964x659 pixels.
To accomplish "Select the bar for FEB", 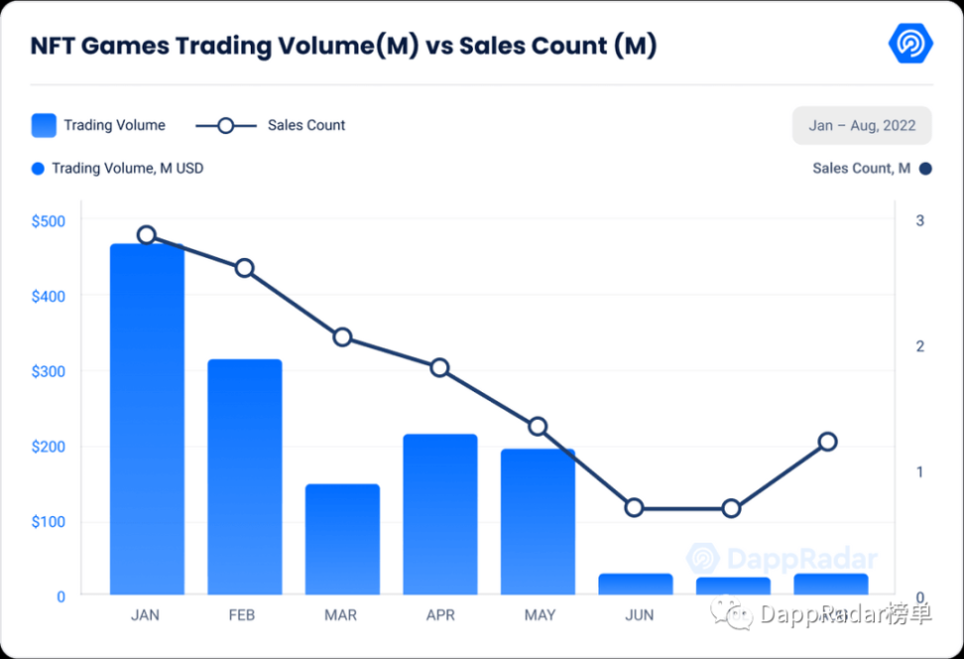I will tap(244, 477).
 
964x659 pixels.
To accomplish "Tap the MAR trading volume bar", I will tap(342, 540).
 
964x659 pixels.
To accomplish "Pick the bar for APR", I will tap(440, 514).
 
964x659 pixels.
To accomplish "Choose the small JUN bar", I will tap(636, 585).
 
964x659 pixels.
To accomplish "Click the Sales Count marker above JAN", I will tap(147, 235).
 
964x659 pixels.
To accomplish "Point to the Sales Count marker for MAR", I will tap(342, 337).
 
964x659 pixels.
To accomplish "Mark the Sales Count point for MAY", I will tap(538, 427).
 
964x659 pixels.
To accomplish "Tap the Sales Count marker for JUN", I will tap(636, 508).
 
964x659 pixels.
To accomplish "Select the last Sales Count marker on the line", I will tap(828, 442).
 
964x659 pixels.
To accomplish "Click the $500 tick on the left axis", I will tap(48, 221).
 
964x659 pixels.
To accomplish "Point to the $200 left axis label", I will tap(48, 447).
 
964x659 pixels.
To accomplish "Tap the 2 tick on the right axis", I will tap(919, 346).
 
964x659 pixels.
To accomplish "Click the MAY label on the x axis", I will tap(540, 615).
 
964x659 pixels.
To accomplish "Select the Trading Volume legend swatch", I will tap(44, 125).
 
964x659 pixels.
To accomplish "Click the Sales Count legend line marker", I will tap(225, 125).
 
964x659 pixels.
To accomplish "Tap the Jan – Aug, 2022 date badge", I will tap(861, 126).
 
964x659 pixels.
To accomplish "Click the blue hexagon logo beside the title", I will tap(909, 43).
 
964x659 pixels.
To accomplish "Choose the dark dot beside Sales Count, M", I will tap(925, 169).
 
